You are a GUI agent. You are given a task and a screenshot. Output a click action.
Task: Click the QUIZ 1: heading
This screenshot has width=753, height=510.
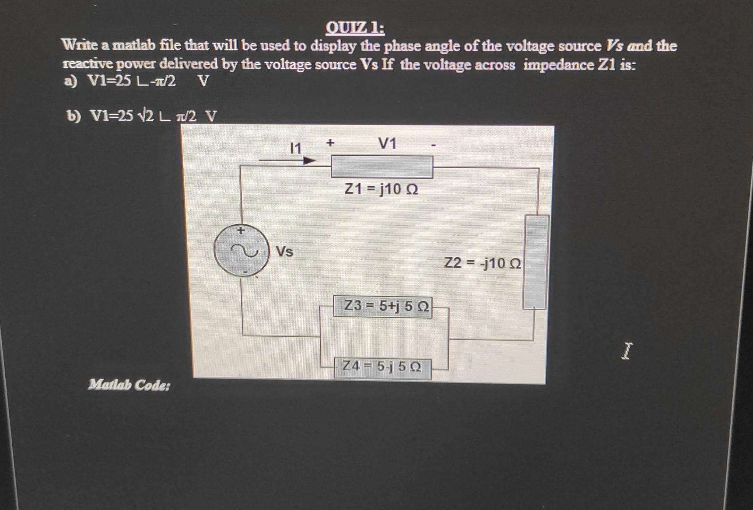click(x=355, y=28)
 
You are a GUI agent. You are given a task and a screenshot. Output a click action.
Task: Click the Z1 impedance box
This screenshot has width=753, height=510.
click(x=381, y=167)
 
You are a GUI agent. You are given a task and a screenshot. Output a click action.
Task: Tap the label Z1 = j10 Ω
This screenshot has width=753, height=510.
click(x=381, y=189)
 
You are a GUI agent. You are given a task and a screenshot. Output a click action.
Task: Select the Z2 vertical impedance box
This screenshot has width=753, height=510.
click(x=536, y=262)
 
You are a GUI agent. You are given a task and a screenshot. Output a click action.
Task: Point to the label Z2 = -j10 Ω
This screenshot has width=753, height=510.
click(x=482, y=263)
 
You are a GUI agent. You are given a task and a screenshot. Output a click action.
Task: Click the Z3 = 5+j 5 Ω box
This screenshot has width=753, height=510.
click(x=383, y=306)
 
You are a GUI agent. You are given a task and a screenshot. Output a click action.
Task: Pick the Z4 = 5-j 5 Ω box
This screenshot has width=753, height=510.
click(x=382, y=366)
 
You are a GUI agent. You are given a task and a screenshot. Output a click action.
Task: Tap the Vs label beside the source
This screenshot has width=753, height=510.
click(x=284, y=252)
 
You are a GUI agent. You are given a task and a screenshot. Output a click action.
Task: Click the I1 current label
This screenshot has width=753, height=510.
click(x=295, y=149)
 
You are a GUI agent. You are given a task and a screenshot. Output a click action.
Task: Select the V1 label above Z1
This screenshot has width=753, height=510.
click(x=388, y=144)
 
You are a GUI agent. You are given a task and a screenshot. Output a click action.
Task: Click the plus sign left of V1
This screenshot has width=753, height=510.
click(x=330, y=142)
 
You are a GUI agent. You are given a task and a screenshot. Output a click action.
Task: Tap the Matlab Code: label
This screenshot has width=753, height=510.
click(x=129, y=385)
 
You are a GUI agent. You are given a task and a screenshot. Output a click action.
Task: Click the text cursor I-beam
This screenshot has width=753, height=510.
click(x=626, y=351)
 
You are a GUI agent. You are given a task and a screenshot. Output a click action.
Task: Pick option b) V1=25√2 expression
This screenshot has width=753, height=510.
click(x=142, y=116)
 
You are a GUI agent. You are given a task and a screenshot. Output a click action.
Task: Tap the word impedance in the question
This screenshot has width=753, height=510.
click(x=558, y=64)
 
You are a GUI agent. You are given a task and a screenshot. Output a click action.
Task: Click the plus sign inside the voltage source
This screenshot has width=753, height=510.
click(x=241, y=231)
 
